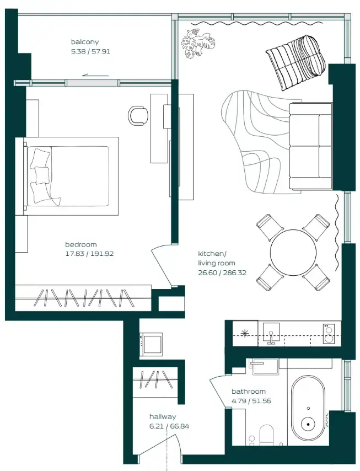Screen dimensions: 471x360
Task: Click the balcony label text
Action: click(84, 42)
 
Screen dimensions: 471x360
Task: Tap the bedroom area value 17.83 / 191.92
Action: click(89, 254)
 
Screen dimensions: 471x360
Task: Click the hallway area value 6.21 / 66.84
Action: click(169, 426)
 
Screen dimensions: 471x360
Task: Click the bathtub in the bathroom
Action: click(308, 407)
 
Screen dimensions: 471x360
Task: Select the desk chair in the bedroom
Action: click(138, 115)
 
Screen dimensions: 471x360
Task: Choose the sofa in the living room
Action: click(310, 146)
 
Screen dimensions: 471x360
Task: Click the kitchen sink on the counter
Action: click(271, 332)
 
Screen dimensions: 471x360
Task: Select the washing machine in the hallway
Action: click(151, 344)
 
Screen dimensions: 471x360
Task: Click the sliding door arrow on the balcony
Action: click(93, 76)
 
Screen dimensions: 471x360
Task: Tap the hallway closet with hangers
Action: click(154, 380)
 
